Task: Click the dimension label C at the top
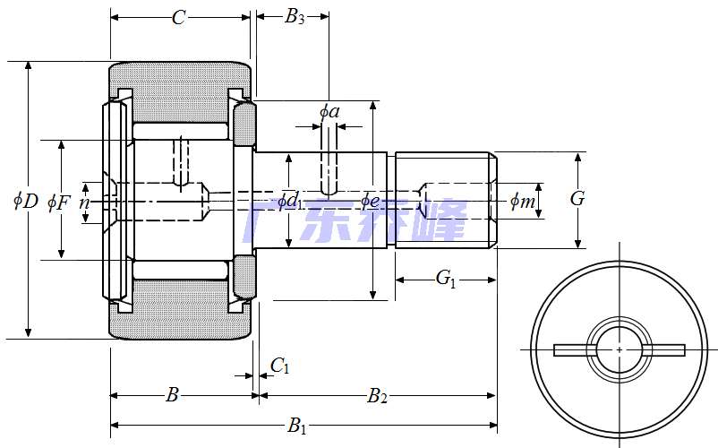click(x=179, y=17)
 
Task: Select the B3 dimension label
click(x=295, y=17)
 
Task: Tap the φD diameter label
click(x=26, y=201)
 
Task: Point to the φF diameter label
click(x=59, y=202)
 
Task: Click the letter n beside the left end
click(x=84, y=202)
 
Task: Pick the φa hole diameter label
click(x=329, y=111)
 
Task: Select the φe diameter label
click(x=372, y=200)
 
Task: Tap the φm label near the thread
click(x=523, y=202)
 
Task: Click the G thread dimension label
click(x=577, y=199)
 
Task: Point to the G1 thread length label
click(x=446, y=279)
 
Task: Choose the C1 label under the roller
click(x=279, y=365)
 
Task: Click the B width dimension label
click(x=174, y=395)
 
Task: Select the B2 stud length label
click(x=377, y=395)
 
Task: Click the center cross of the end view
click(x=620, y=349)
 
